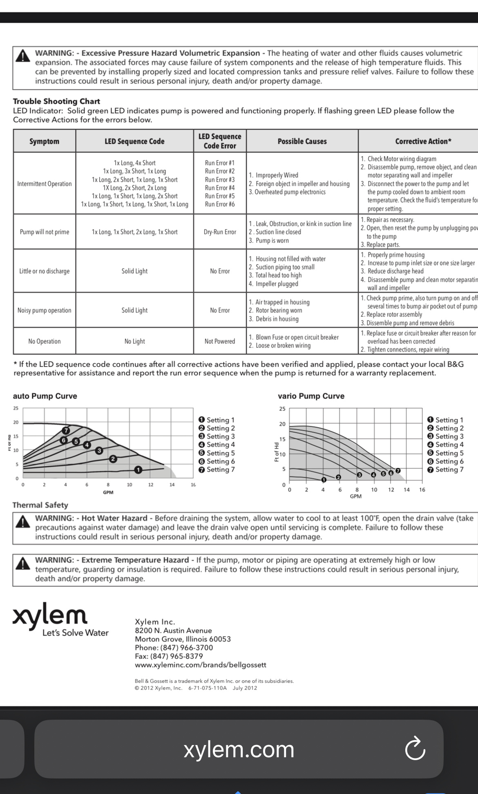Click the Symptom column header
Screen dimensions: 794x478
coord(44,141)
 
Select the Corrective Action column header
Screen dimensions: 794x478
coord(423,141)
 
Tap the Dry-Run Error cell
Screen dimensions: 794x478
coord(220,232)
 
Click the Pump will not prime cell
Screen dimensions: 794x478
coord(45,232)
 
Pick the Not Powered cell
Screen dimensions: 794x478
coord(220,341)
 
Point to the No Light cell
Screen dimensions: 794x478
coord(134,341)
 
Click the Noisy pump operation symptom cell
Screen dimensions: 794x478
coord(45,310)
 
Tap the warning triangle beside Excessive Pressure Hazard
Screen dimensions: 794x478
coord(23,56)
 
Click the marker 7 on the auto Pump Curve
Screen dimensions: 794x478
coord(66,430)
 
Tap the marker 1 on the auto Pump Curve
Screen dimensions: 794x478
coord(138,470)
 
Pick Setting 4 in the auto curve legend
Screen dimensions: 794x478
coord(217,445)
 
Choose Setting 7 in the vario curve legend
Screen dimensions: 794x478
coord(445,469)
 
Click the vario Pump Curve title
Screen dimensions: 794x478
coord(311,396)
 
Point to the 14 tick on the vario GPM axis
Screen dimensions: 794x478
coord(407,490)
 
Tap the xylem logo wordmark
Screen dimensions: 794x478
coord(50,616)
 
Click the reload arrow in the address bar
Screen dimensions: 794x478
coord(415,748)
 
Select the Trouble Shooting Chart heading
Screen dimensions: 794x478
coord(56,101)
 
